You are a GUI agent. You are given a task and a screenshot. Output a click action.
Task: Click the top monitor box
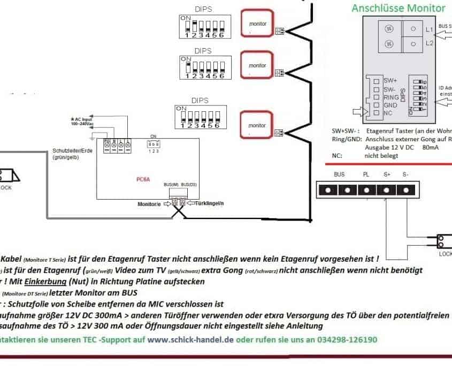coord(257,24)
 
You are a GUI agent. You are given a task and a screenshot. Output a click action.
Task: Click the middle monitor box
coord(257,65)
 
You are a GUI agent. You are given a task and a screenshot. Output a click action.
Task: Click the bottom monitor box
coord(257,125)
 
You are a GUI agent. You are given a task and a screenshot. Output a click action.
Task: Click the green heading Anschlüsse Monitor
coord(398,8)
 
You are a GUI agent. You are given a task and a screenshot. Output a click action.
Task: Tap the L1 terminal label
coord(429,29)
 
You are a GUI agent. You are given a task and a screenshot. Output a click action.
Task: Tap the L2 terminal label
coord(429,43)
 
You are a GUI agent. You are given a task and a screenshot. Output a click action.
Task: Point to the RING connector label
coord(391,97)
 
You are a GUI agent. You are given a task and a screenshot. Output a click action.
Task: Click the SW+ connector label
coord(390,80)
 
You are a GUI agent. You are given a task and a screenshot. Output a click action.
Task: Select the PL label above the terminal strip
coord(366,174)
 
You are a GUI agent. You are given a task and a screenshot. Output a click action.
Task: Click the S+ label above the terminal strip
coord(386,174)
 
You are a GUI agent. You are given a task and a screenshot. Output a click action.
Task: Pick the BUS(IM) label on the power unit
coord(171,184)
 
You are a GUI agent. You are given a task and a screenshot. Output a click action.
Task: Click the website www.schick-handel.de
coord(190,339)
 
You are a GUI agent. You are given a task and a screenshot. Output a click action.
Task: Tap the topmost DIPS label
coord(203,10)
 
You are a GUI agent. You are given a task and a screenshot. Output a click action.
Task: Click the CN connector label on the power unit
coord(153,136)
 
